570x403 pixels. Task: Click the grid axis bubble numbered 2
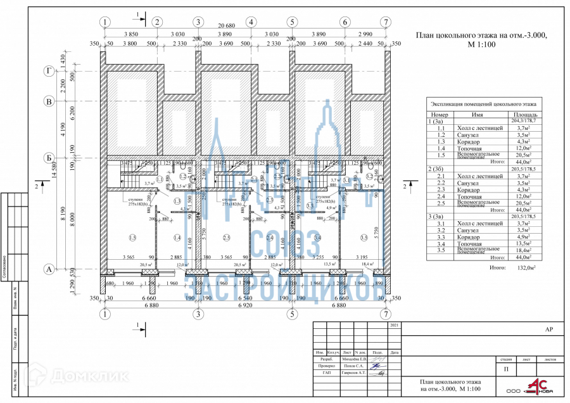coord(156,22)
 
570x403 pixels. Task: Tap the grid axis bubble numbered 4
coord(251,22)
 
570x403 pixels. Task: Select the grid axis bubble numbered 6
coord(345,22)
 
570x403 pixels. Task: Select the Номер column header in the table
coord(439,115)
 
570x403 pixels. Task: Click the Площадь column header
coord(521,115)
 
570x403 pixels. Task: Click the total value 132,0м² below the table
coord(523,269)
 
